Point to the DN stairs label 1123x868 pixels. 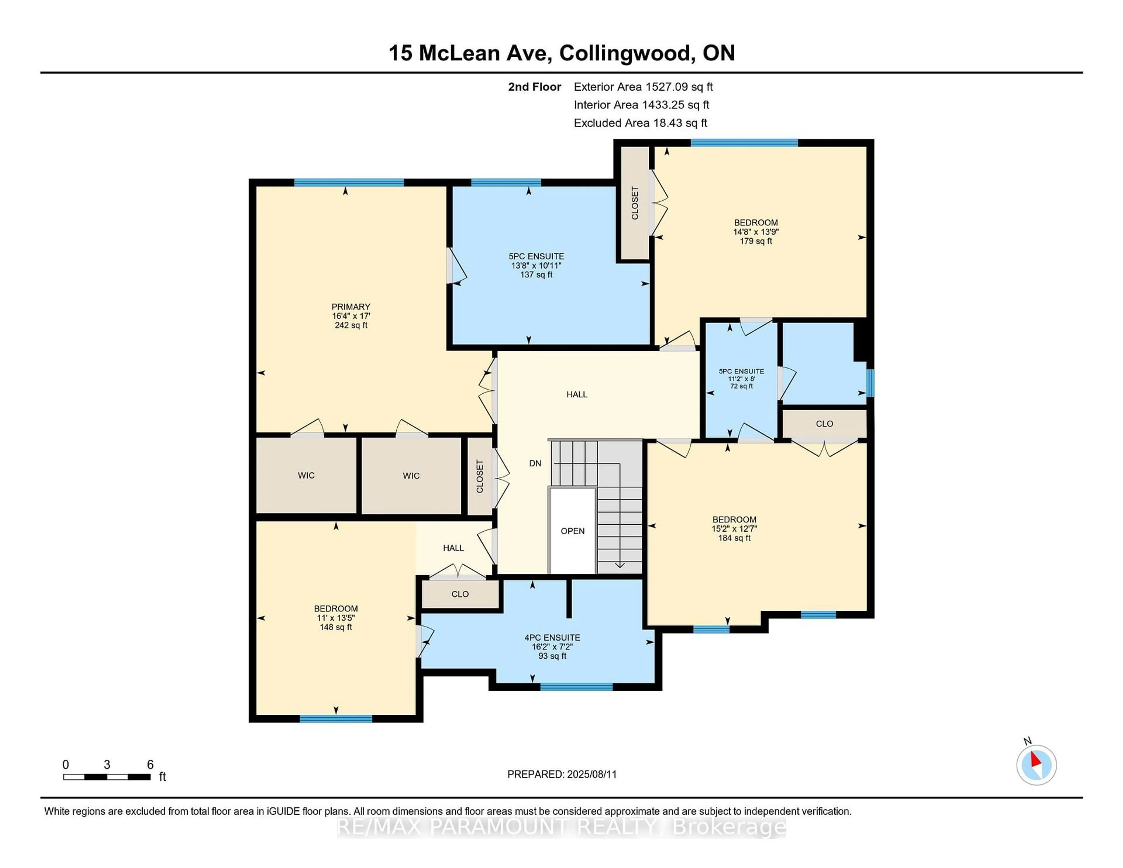click(535, 463)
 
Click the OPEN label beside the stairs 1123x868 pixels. click(572, 531)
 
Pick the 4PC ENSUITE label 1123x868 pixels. click(552, 638)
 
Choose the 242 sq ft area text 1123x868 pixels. click(351, 325)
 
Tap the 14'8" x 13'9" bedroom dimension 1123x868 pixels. click(756, 232)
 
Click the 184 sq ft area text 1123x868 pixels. click(734, 538)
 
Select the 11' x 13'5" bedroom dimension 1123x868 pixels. click(336, 618)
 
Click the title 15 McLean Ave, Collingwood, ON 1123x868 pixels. click(561, 53)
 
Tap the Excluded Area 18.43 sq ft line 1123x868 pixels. click(641, 123)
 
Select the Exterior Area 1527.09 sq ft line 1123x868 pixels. click(643, 87)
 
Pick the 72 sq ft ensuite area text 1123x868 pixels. click(741, 386)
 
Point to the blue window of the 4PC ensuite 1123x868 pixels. click(576, 686)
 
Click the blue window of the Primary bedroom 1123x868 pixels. click(349, 182)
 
